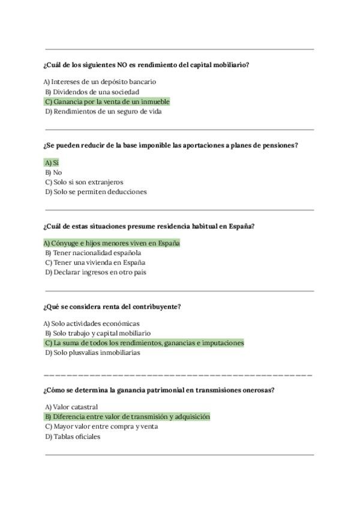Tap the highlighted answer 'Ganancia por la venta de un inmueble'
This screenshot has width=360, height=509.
pyautogui.click(x=107, y=102)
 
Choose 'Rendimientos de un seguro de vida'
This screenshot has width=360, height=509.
pyautogui.click(x=103, y=111)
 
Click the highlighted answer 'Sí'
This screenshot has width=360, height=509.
pyautogui.click(x=52, y=163)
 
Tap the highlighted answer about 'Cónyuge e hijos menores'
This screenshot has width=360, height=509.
pyautogui.click(x=112, y=243)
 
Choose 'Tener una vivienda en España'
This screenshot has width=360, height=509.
pyautogui.click(x=95, y=263)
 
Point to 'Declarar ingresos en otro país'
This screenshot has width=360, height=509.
pyautogui.click(x=95, y=273)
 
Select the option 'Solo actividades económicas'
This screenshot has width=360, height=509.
pyautogui.click(x=91, y=324)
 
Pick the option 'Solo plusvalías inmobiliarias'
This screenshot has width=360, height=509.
pyautogui.click(x=92, y=353)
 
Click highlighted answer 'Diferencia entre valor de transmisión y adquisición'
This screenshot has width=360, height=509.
pyautogui.click(x=127, y=417)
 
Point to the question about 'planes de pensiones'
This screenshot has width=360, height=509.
pyautogui.click(x=170, y=145)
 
